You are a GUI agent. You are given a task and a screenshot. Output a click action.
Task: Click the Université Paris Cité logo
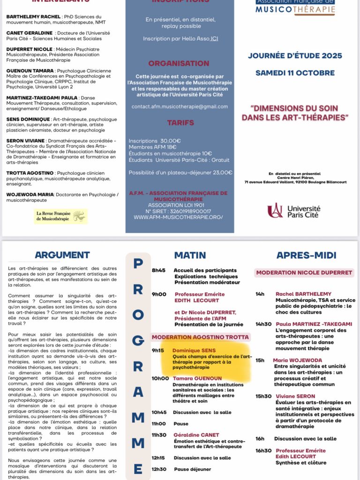click(x=294, y=210)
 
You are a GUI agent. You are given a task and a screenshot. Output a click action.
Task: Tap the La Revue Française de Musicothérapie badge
click(x=60, y=216)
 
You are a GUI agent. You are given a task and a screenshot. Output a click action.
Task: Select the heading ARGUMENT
click(x=62, y=255)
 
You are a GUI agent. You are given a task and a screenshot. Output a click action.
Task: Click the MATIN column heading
click(x=190, y=255)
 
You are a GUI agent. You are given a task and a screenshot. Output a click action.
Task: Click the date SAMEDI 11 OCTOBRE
click(x=295, y=73)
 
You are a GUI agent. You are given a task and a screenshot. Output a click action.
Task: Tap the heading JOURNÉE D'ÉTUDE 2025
click(x=295, y=56)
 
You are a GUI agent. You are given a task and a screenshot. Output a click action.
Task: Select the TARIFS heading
click(x=180, y=123)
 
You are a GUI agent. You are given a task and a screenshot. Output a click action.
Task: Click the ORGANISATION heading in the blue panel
click(x=179, y=63)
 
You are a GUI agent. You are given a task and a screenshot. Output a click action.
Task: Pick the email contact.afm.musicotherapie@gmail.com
click(x=180, y=106)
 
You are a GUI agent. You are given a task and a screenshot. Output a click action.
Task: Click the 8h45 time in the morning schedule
click(x=158, y=270)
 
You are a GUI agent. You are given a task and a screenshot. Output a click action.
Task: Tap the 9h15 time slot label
click(x=158, y=350)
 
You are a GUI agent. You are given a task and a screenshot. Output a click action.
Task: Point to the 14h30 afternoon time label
click(x=263, y=324)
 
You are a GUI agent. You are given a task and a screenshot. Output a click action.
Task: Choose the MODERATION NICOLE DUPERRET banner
click(x=304, y=272)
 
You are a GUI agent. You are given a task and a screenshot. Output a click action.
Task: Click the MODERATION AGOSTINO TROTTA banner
click(x=200, y=337)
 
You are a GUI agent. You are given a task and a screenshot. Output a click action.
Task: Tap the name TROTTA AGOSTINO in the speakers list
click(x=30, y=173)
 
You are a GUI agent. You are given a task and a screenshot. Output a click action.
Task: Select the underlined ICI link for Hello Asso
click(x=214, y=38)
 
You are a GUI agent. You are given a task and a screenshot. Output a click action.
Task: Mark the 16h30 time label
click(x=263, y=450)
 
